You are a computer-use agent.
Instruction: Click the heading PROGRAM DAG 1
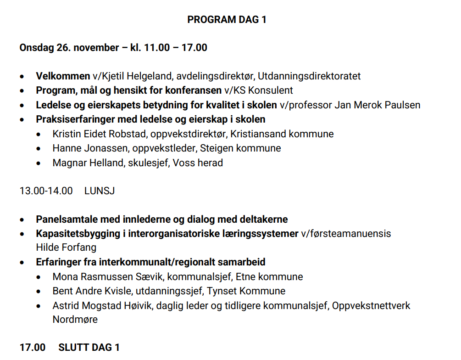click(x=227, y=19)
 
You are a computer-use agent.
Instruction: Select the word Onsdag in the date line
click(x=37, y=47)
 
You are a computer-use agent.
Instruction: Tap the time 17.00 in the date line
click(x=194, y=47)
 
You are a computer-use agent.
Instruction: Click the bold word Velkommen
click(x=63, y=76)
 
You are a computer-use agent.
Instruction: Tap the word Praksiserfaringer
click(x=75, y=119)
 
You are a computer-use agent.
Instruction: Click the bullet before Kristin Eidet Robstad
click(x=44, y=134)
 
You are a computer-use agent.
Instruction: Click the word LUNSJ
click(x=100, y=191)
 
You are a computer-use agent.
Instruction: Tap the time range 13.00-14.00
click(x=46, y=191)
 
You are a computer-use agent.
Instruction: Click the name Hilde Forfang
click(x=66, y=247)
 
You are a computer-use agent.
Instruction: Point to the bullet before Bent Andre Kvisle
click(x=44, y=291)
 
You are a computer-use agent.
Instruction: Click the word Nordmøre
click(x=75, y=320)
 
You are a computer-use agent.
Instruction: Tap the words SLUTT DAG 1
click(x=89, y=348)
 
